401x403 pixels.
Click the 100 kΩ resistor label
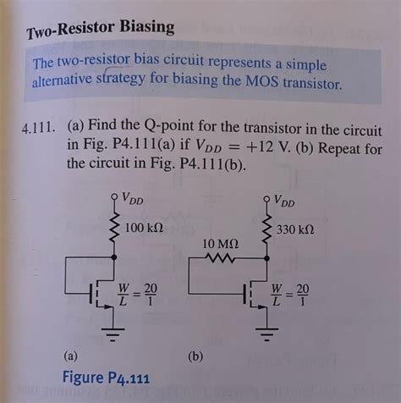[x=144, y=229]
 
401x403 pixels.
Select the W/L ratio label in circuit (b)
[x=290, y=295]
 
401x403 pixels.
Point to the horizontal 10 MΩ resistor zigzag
[x=222, y=262]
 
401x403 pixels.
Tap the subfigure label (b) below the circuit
[x=196, y=356]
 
